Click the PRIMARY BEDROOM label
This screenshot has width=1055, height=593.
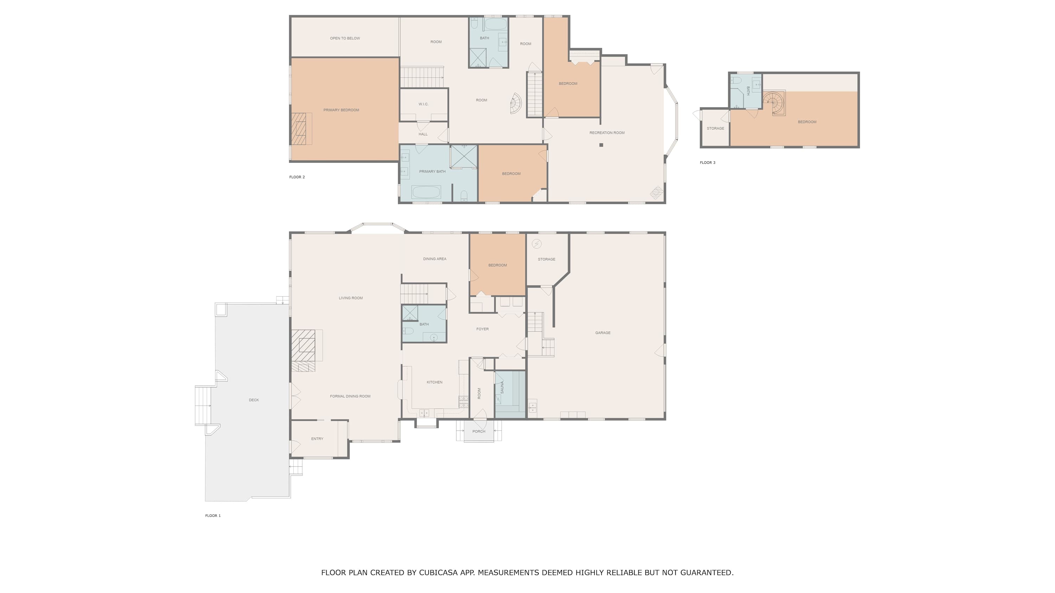[341, 110]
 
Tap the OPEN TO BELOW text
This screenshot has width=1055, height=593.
[345, 38]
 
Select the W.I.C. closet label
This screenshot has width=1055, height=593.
[423, 104]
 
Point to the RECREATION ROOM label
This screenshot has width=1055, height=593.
[607, 133]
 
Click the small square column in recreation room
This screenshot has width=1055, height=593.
[601, 145]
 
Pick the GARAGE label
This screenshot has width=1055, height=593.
[603, 333]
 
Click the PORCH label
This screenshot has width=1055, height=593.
[479, 432]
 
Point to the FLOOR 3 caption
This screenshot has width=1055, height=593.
[708, 163]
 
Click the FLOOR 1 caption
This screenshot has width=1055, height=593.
[213, 516]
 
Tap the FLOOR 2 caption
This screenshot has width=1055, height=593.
[297, 177]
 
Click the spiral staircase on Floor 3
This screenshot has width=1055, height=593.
[774, 103]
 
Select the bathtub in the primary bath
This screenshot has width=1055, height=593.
[426, 192]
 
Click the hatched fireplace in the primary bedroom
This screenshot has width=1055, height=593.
[299, 129]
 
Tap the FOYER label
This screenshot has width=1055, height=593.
[482, 329]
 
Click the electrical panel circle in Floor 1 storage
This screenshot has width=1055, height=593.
[537, 244]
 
